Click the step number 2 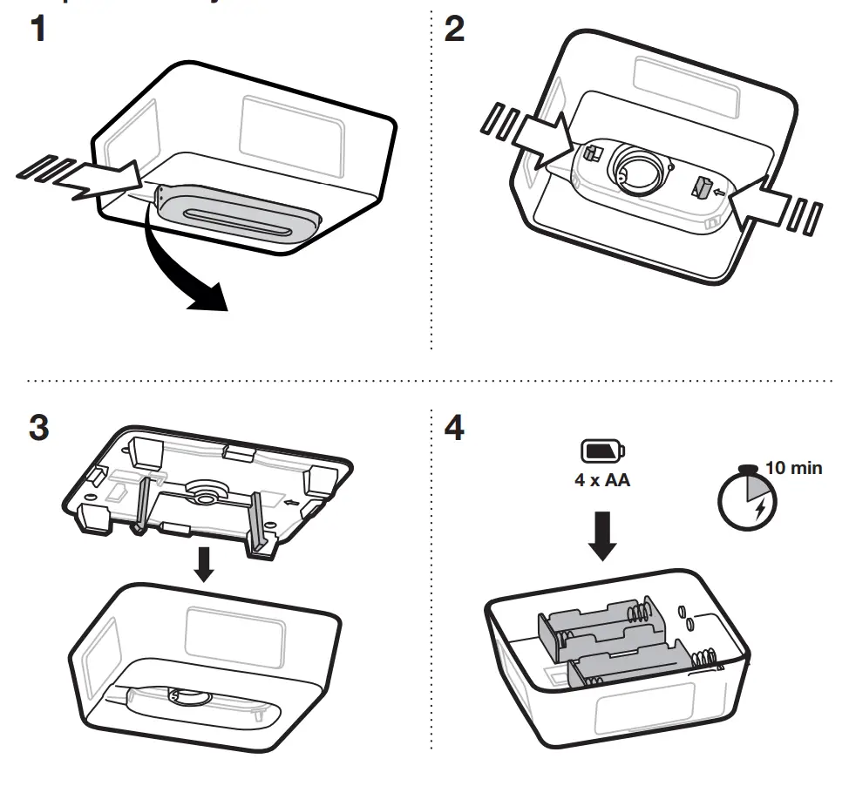click(x=454, y=31)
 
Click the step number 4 click(x=454, y=429)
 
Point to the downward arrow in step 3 click(x=204, y=564)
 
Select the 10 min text click(x=793, y=468)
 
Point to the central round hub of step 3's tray click(x=204, y=492)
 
